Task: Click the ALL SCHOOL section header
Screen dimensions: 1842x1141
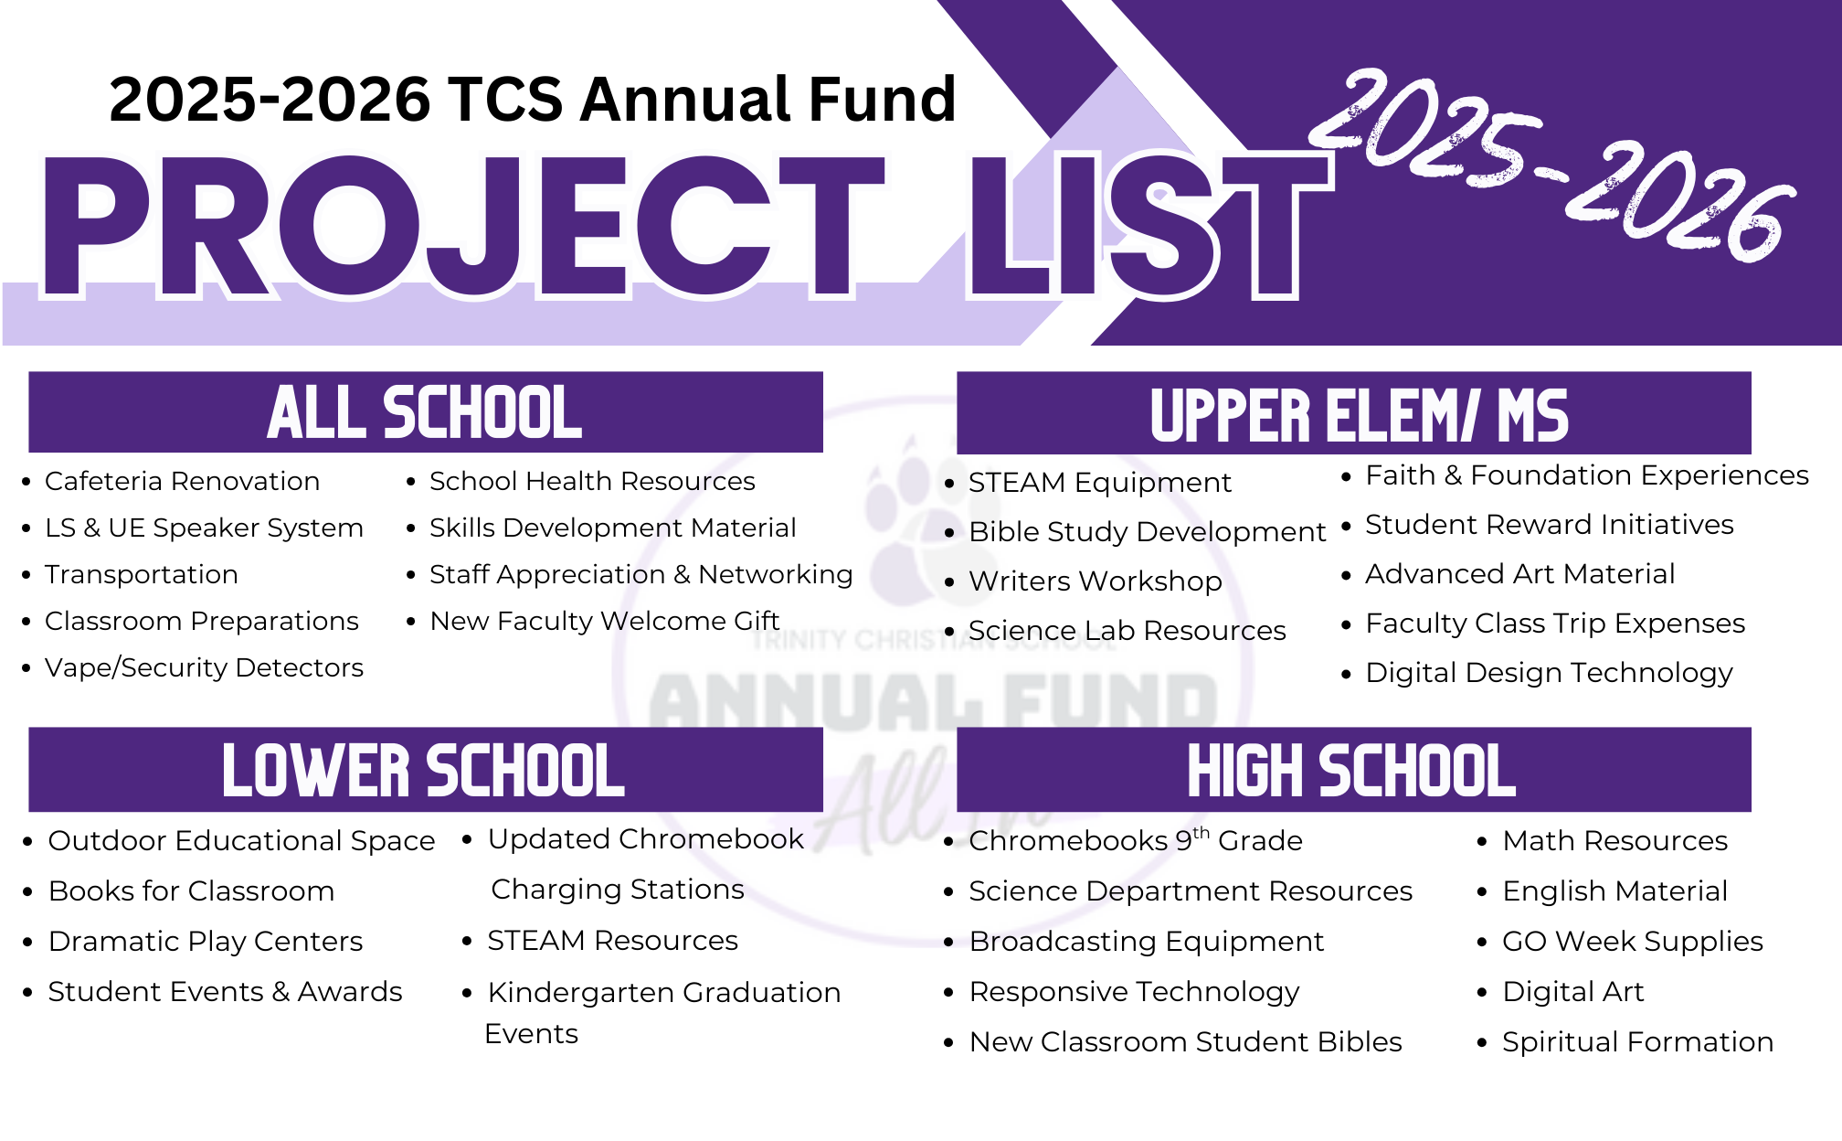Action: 426,412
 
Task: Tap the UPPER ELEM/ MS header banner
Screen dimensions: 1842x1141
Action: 1354,413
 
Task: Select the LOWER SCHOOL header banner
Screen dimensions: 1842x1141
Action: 426,770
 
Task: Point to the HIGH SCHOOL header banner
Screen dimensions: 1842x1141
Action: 1354,770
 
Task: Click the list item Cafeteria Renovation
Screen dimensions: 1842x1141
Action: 183,481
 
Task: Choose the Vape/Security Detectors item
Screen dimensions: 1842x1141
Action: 204,667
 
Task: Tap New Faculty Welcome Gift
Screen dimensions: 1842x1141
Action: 604,621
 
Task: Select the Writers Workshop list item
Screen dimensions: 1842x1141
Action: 1096,581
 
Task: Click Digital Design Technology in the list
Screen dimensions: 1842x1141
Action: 1549,673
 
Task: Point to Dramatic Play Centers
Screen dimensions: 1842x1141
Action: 206,942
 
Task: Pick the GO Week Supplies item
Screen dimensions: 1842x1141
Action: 1633,942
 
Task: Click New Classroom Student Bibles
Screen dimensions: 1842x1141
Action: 1185,1041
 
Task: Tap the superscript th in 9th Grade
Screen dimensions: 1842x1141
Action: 1201,832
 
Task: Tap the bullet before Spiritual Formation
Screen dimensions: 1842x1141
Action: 1482,1042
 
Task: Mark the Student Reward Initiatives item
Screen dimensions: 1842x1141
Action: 1549,525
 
